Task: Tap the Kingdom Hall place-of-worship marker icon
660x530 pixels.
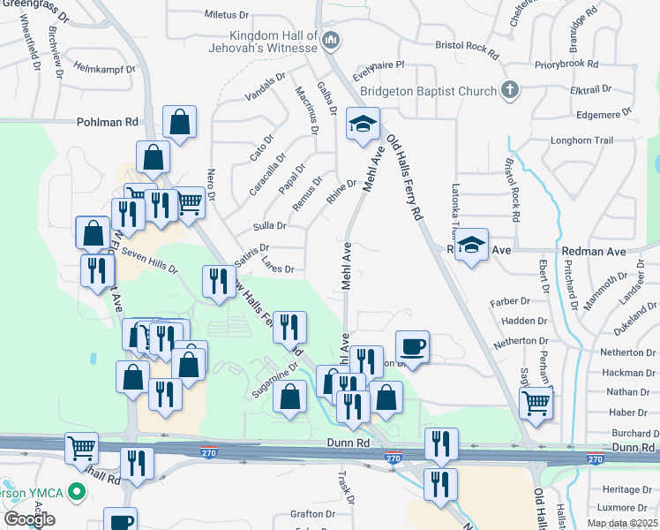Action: pyautogui.click(x=332, y=40)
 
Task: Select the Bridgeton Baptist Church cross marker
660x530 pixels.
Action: pyautogui.click(x=509, y=90)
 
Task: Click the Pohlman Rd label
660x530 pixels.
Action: pyautogui.click(x=109, y=122)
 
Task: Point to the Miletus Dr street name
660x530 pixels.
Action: pyautogui.click(x=228, y=15)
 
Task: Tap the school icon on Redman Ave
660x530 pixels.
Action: pyautogui.click(x=473, y=246)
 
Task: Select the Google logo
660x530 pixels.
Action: pyautogui.click(x=29, y=519)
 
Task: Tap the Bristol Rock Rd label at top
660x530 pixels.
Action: pyautogui.click(x=468, y=44)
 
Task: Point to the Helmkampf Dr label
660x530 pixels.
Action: pyautogui.click(x=104, y=68)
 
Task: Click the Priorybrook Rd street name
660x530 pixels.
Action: pyautogui.click(x=566, y=64)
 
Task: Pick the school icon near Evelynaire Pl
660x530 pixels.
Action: pyautogui.click(x=362, y=125)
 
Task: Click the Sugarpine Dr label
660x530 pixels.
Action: pyautogui.click(x=274, y=382)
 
